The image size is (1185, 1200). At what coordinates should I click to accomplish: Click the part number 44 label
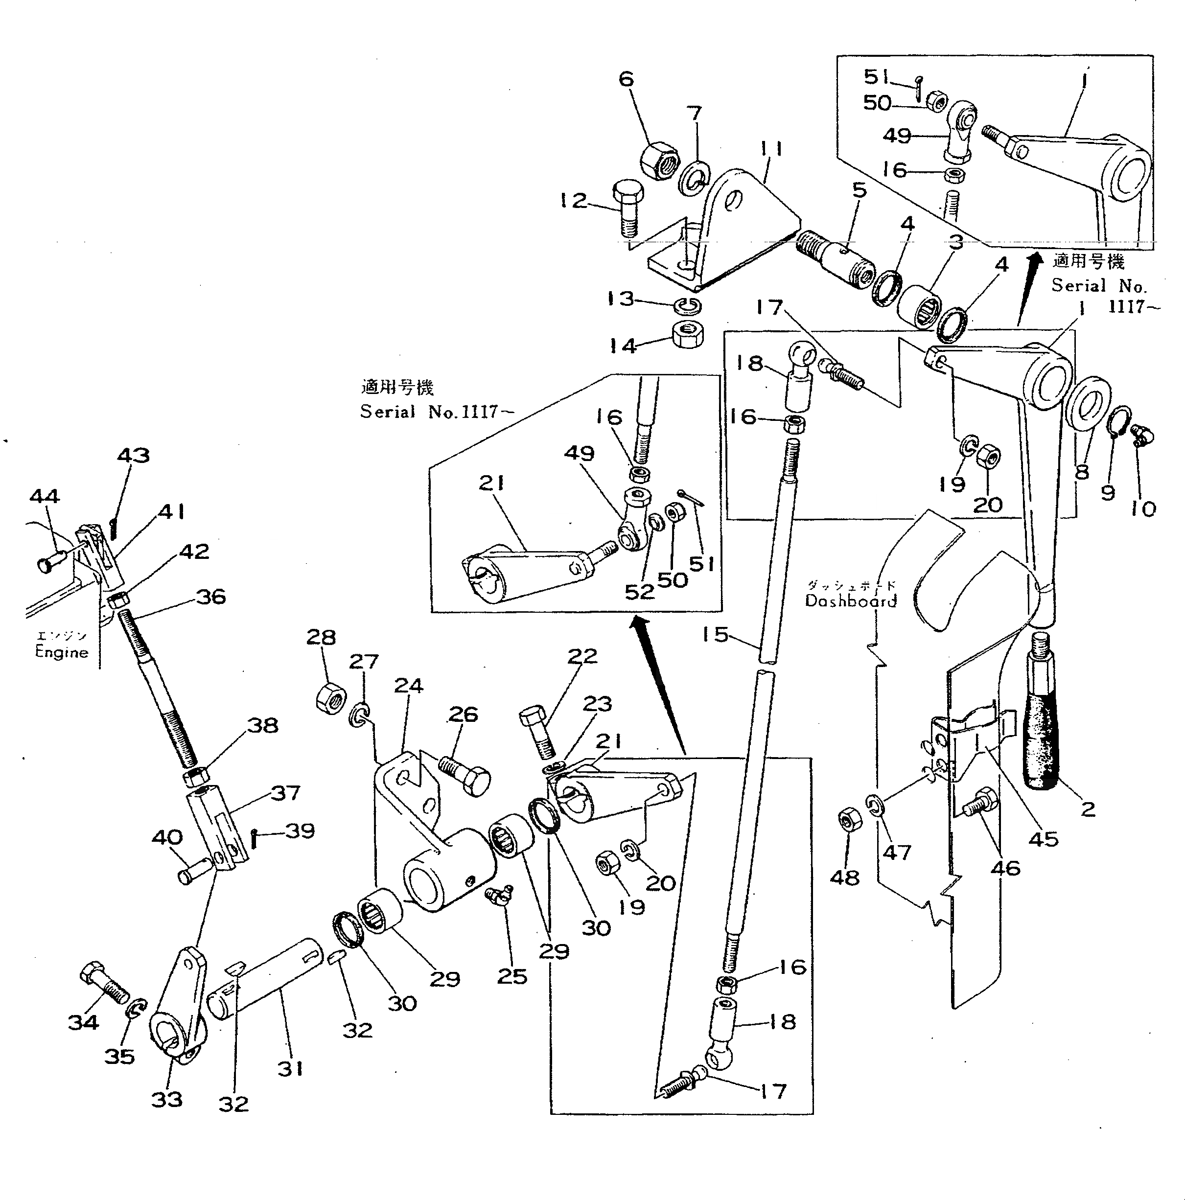pyautogui.click(x=45, y=496)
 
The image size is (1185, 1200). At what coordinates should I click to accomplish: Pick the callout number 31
pyautogui.click(x=291, y=1069)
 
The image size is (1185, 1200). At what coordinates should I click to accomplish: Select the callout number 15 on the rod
pyautogui.click(x=714, y=634)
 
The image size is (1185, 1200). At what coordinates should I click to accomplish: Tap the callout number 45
pyautogui.click(x=1043, y=838)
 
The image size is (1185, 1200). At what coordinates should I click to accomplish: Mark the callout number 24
pyautogui.click(x=408, y=686)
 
